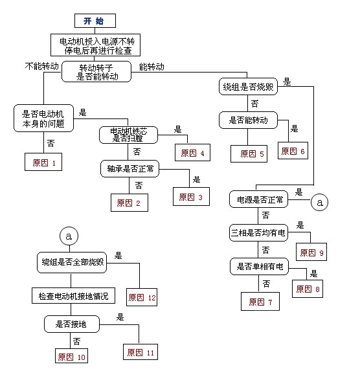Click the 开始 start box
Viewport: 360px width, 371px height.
pos(95,21)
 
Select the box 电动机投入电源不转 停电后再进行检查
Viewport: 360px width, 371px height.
pos(95,44)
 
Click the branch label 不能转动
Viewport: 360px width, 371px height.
pos(42,67)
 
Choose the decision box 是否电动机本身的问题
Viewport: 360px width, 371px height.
pos(44,116)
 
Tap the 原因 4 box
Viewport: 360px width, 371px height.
pos(193,153)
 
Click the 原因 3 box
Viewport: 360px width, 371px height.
pos(191,197)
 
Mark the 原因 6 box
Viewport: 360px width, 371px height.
pos(293,150)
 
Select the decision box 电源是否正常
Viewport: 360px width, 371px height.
pos(258,199)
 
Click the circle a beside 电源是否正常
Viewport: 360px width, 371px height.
pos(319,202)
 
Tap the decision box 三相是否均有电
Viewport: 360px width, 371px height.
pos(258,232)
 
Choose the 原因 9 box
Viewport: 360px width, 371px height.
pos(311,252)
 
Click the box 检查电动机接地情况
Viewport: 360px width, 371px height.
pos(73,296)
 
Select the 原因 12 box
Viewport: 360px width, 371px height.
pos(142,297)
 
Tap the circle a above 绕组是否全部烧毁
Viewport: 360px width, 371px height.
pos(69,236)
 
